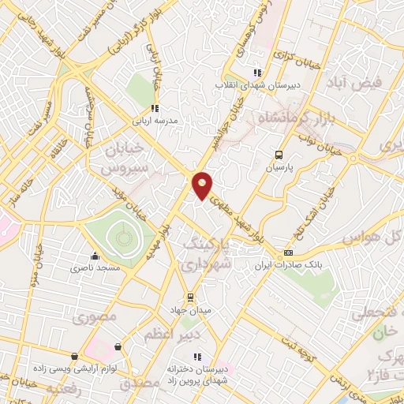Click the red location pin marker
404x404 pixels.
coord(203,185)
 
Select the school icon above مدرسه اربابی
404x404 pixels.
coord(155,109)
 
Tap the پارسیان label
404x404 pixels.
coord(278,168)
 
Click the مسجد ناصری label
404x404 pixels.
coord(95,269)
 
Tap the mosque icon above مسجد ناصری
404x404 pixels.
coord(95,256)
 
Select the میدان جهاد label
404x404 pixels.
coord(189,311)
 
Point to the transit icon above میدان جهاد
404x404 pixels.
coord(189,297)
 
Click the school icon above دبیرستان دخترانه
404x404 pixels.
coord(197,356)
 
